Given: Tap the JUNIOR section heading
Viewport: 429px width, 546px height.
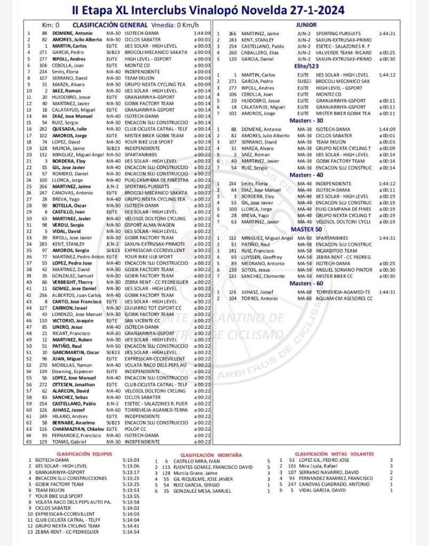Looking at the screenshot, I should point(306,25).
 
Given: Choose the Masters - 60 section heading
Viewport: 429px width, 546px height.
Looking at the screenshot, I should point(306,283).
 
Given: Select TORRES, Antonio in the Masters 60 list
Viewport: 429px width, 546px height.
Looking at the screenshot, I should point(257,298).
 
